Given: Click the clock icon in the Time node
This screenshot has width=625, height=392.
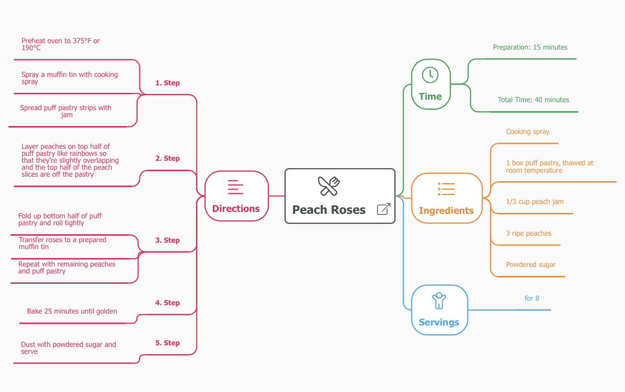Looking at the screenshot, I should tap(430, 75).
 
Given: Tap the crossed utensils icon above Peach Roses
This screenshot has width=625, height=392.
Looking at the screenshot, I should tap(328, 186).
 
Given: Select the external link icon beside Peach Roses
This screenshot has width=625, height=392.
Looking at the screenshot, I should tap(383, 209).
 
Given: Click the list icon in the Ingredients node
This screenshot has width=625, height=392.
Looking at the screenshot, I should tap(446, 189).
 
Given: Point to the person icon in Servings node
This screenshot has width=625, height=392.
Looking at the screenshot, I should tap(439, 300).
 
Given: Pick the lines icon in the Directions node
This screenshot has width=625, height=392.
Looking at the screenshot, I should tap(236, 187).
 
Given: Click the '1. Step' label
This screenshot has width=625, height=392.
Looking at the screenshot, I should tap(167, 83).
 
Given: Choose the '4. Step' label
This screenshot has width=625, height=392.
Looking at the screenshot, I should tap(167, 303).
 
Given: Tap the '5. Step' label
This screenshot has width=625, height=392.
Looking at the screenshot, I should tap(167, 343).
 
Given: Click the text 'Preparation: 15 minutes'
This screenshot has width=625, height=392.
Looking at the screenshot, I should tap(530, 47).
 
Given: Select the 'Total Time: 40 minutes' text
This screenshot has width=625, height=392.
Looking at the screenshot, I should tap(533, 100).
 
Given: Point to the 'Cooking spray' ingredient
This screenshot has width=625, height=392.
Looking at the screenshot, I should tap(527, 131).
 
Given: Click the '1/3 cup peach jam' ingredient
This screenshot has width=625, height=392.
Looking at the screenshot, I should tap(535, 201).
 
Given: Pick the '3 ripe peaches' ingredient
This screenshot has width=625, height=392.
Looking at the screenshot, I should tap(528, 233).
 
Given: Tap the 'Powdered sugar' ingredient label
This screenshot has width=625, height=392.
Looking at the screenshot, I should tap(530, 264).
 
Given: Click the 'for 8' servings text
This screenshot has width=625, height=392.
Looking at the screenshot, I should tap(532, 298).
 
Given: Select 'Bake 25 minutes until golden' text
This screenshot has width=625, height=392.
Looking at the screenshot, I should tap(72, 311).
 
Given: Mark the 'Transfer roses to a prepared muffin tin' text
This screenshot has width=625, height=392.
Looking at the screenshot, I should tap(62, 243).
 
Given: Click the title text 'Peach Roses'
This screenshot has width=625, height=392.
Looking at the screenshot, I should tap(328, 210).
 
